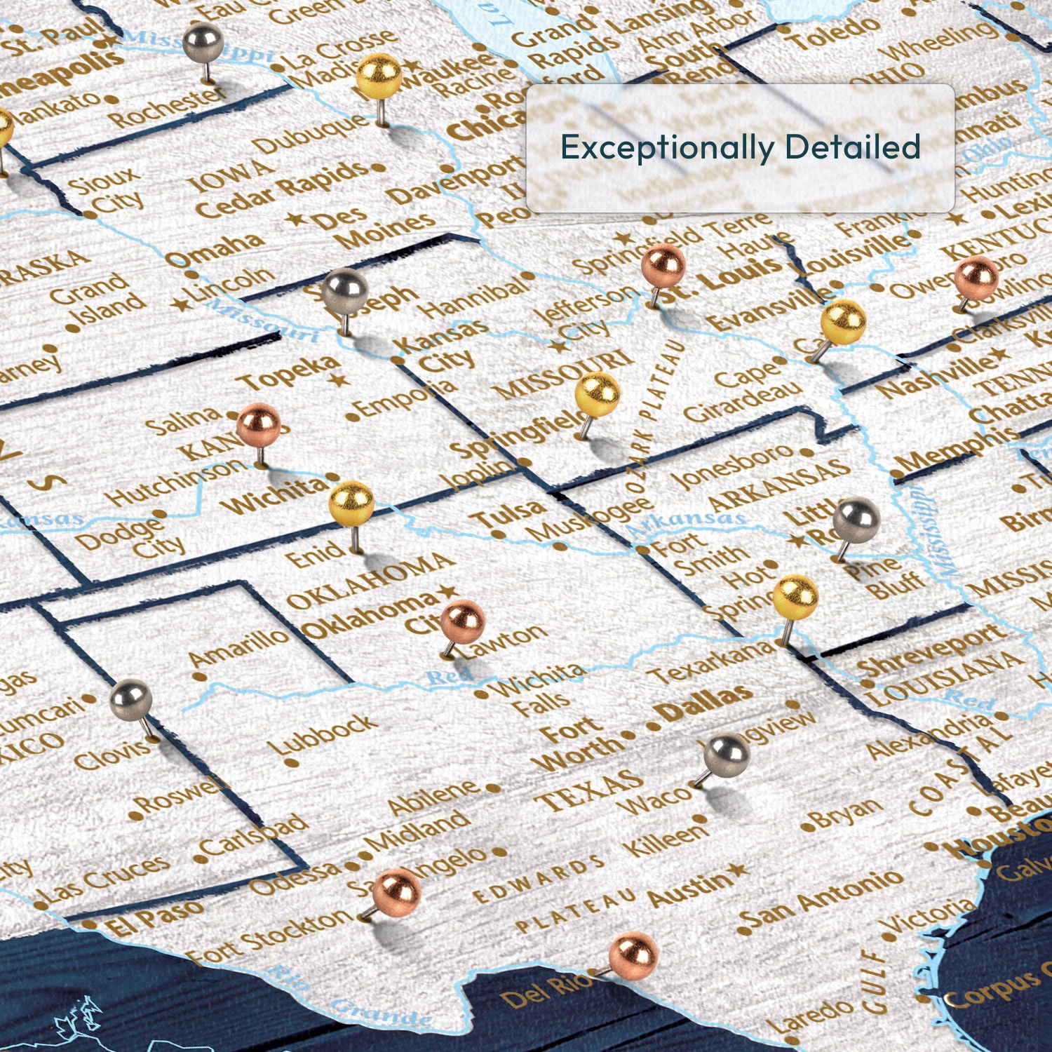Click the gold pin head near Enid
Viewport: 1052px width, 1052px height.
click(351, 501)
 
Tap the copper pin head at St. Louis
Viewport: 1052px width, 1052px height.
click(663, 265)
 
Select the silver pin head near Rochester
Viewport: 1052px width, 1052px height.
click(203, 42)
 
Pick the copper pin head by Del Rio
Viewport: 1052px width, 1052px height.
click(633, 954)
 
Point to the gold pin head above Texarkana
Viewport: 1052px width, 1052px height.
click(795, 596)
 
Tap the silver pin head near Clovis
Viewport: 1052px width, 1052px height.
click(130, 699)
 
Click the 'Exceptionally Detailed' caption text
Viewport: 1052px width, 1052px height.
click(740, 147)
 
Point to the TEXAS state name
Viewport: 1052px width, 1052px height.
click(589, 789)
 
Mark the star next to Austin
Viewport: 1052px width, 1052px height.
click(736, 872)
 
